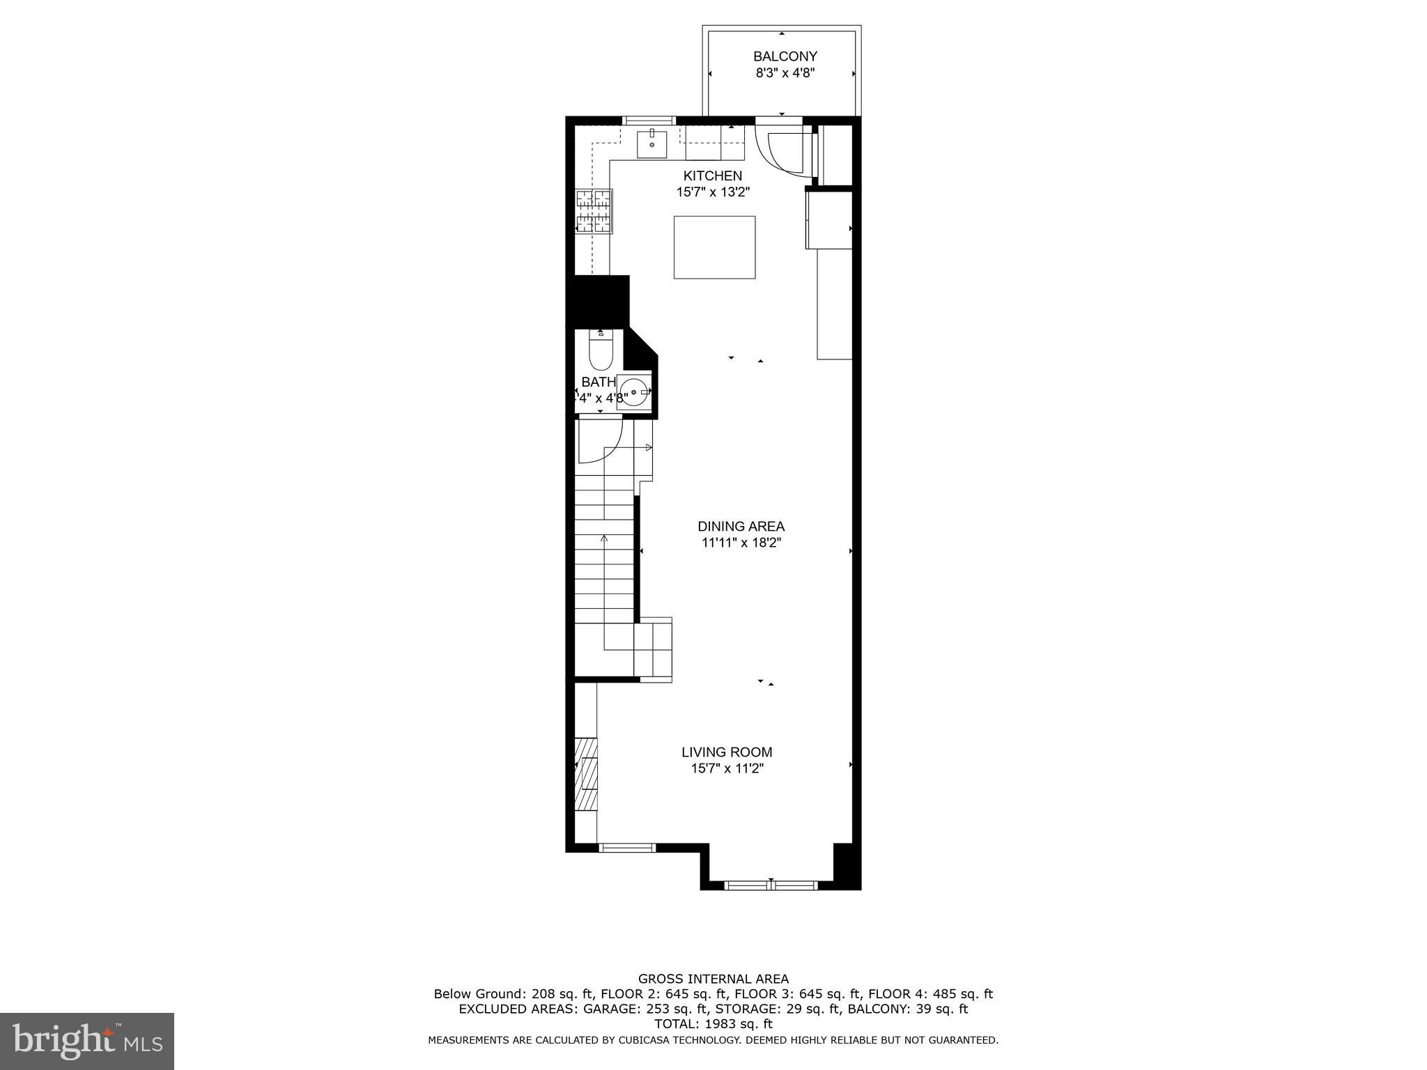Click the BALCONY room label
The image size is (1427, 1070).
[785, 56]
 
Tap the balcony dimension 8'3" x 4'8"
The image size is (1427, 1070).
[785, 73]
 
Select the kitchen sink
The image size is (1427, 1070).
[651, 144]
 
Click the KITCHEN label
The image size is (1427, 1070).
[712, 176]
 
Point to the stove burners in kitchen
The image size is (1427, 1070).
[594, 210]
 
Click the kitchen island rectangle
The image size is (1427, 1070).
[714, 247]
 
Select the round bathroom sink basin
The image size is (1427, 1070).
[633, 392]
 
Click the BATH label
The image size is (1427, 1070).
[599, 382]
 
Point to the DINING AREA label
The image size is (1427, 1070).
[741, 527]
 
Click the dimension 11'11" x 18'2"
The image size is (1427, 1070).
[741, 543]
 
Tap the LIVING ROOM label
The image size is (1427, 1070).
[727, 752]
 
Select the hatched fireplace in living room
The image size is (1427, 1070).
[586, 773]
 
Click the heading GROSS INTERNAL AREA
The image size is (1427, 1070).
[713, 979]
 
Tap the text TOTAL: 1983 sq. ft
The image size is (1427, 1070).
[713, 1024]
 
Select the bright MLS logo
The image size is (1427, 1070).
[86, 1041]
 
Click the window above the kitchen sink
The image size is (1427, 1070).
[649, 121]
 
